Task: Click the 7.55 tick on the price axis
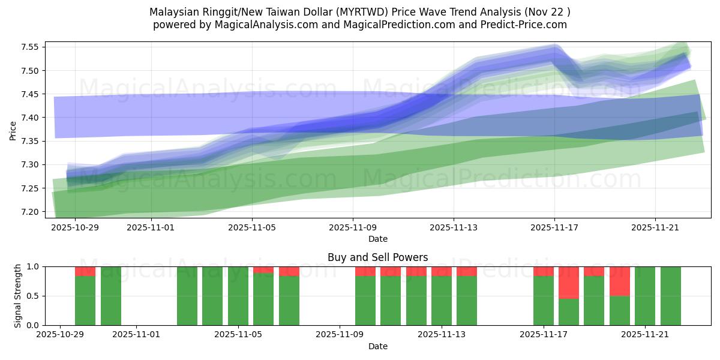click(30, 47)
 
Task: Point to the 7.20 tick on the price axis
click(30, 212)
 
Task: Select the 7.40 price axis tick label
click(30, 118)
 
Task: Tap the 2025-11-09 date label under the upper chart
click(353, 228)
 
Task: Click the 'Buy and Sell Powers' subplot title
click(377, 257)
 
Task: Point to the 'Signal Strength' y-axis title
click(18, 296)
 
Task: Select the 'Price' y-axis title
click(13, 130)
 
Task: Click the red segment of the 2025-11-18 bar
click(569, 282)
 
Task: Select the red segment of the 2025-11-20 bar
click(620, 281)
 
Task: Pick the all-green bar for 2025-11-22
click(671, 296)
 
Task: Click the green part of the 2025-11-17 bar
click(544, 300)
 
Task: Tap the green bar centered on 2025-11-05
click(238, 296)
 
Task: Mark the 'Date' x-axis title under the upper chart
click(377, 239)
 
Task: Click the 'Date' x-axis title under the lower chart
click(377, 346)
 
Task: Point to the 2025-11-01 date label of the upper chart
click(151, 228)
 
